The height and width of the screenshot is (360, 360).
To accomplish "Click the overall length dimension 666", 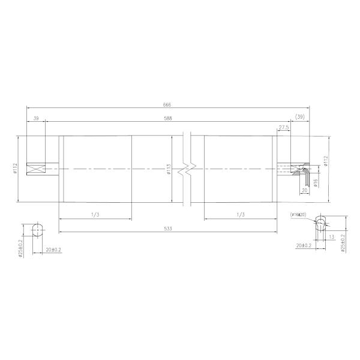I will point(167,104).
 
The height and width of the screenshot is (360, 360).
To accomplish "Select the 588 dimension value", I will point(167,119).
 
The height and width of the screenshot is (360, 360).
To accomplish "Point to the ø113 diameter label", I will point(169,170).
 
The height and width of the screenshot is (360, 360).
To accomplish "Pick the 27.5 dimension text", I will point(284,128).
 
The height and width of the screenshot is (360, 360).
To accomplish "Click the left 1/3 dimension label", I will point(95,214).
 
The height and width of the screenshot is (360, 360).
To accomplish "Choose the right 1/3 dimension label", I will point(240,214).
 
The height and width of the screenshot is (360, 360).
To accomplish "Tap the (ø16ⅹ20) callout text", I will point(298,214).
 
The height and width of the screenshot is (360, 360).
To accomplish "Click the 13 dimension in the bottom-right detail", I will point(331,238).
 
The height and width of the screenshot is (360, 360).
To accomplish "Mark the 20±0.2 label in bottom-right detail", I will point(304,245).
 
